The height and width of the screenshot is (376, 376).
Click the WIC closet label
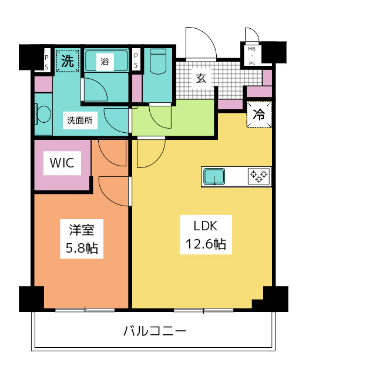(62, 163)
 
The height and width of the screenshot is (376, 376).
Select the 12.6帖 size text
(203, 244)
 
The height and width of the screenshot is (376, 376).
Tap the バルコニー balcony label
(155, 331)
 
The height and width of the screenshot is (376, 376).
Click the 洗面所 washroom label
(79, 121)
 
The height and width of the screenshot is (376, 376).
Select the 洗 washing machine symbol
(68, 61)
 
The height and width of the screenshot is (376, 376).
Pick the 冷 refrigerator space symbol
(259, 115)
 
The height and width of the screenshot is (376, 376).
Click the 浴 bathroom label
(104, 61)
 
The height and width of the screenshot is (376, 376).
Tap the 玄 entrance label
(201, 78)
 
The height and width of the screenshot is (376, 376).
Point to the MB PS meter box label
(251, 56)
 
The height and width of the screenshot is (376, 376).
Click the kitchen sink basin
(214, 176)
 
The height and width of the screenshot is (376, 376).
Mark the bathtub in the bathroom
(106, 62)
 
